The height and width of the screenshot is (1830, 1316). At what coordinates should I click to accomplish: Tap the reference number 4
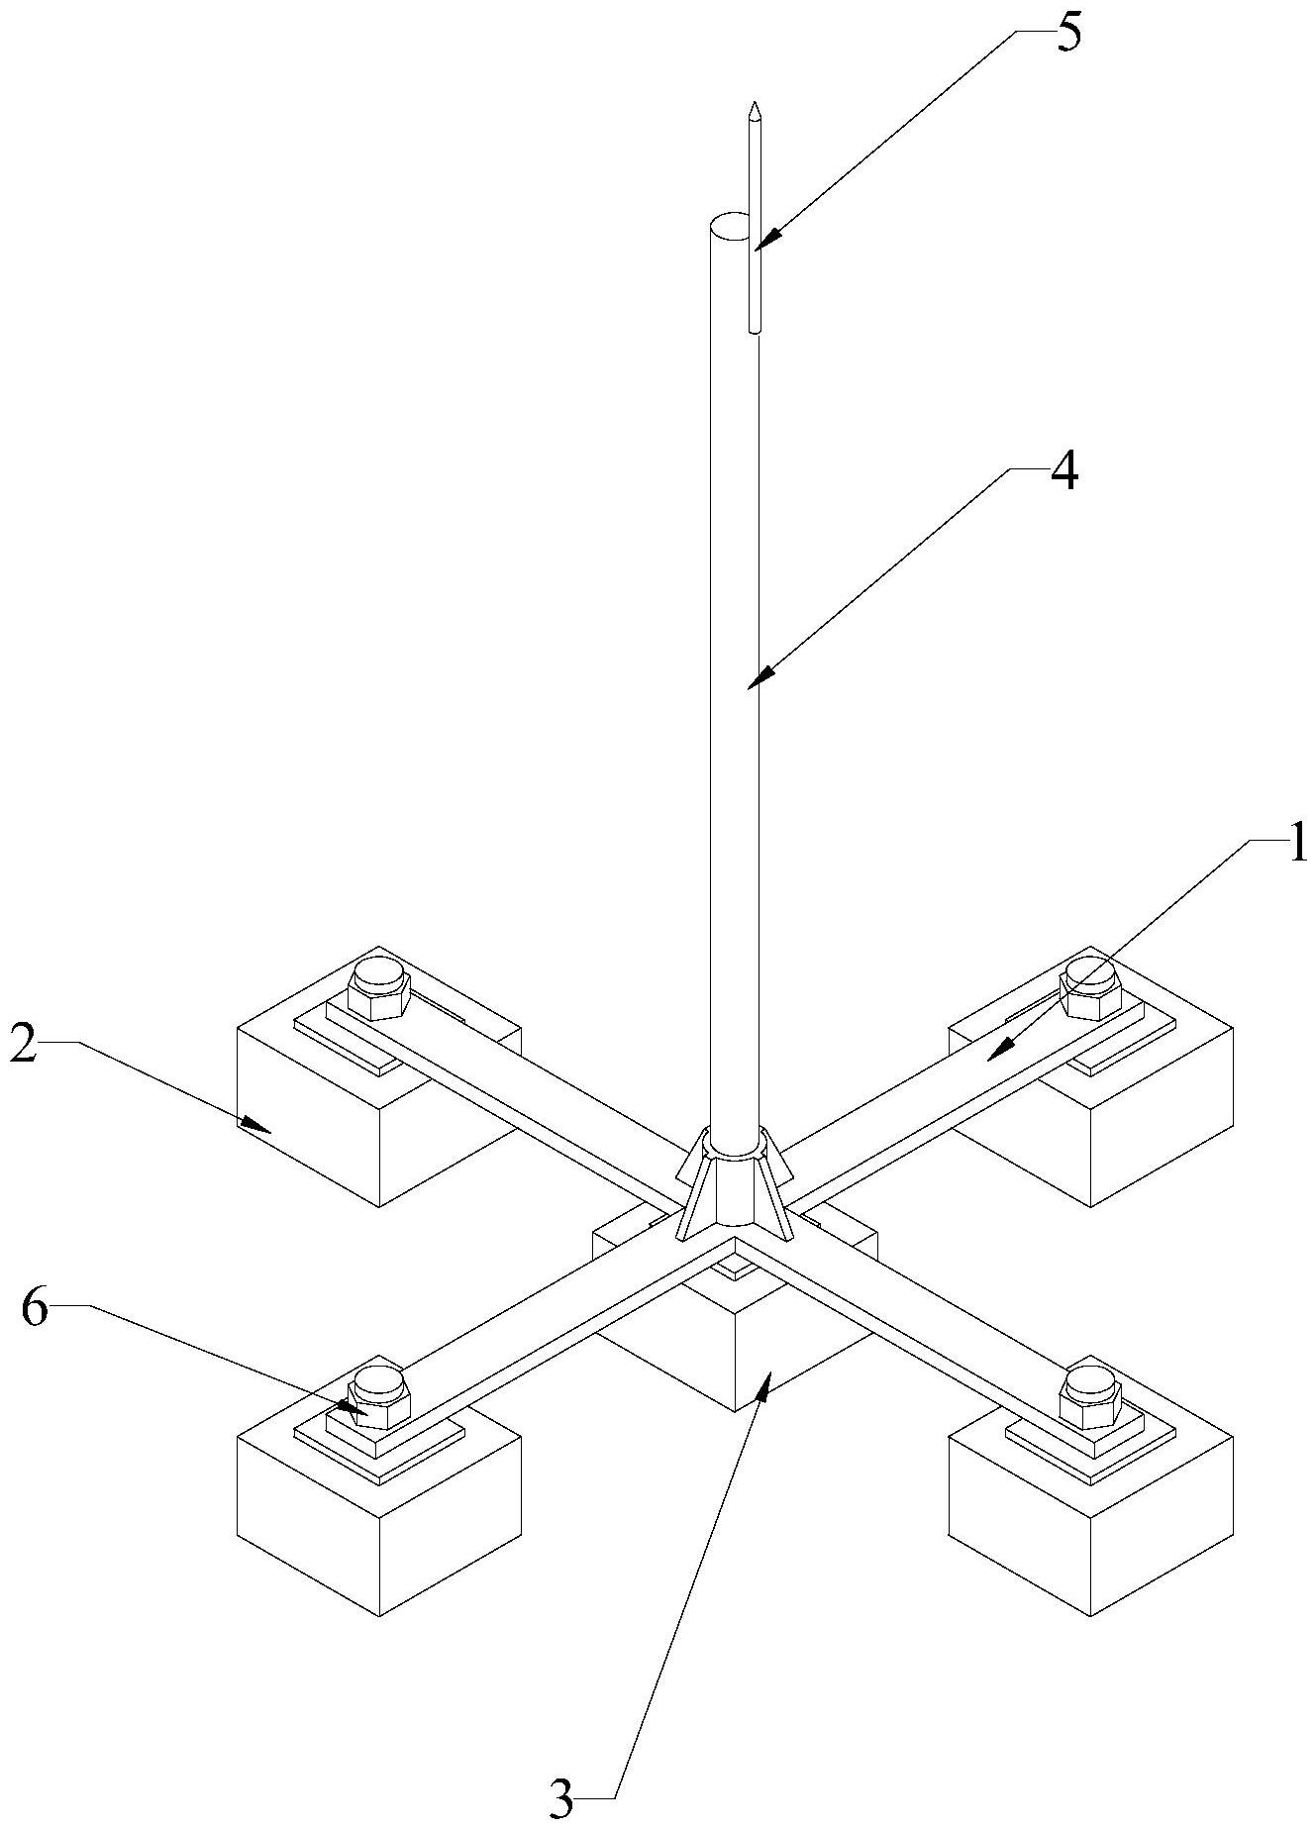(1063, 472)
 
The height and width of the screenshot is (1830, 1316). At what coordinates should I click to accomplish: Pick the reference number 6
(34, 1310)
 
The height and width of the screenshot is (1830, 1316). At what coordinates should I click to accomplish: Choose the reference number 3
(561, 1799)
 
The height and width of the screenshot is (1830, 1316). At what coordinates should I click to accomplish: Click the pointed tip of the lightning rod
(755, 102)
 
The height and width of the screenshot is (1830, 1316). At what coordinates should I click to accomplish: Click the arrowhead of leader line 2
(256, 1124)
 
